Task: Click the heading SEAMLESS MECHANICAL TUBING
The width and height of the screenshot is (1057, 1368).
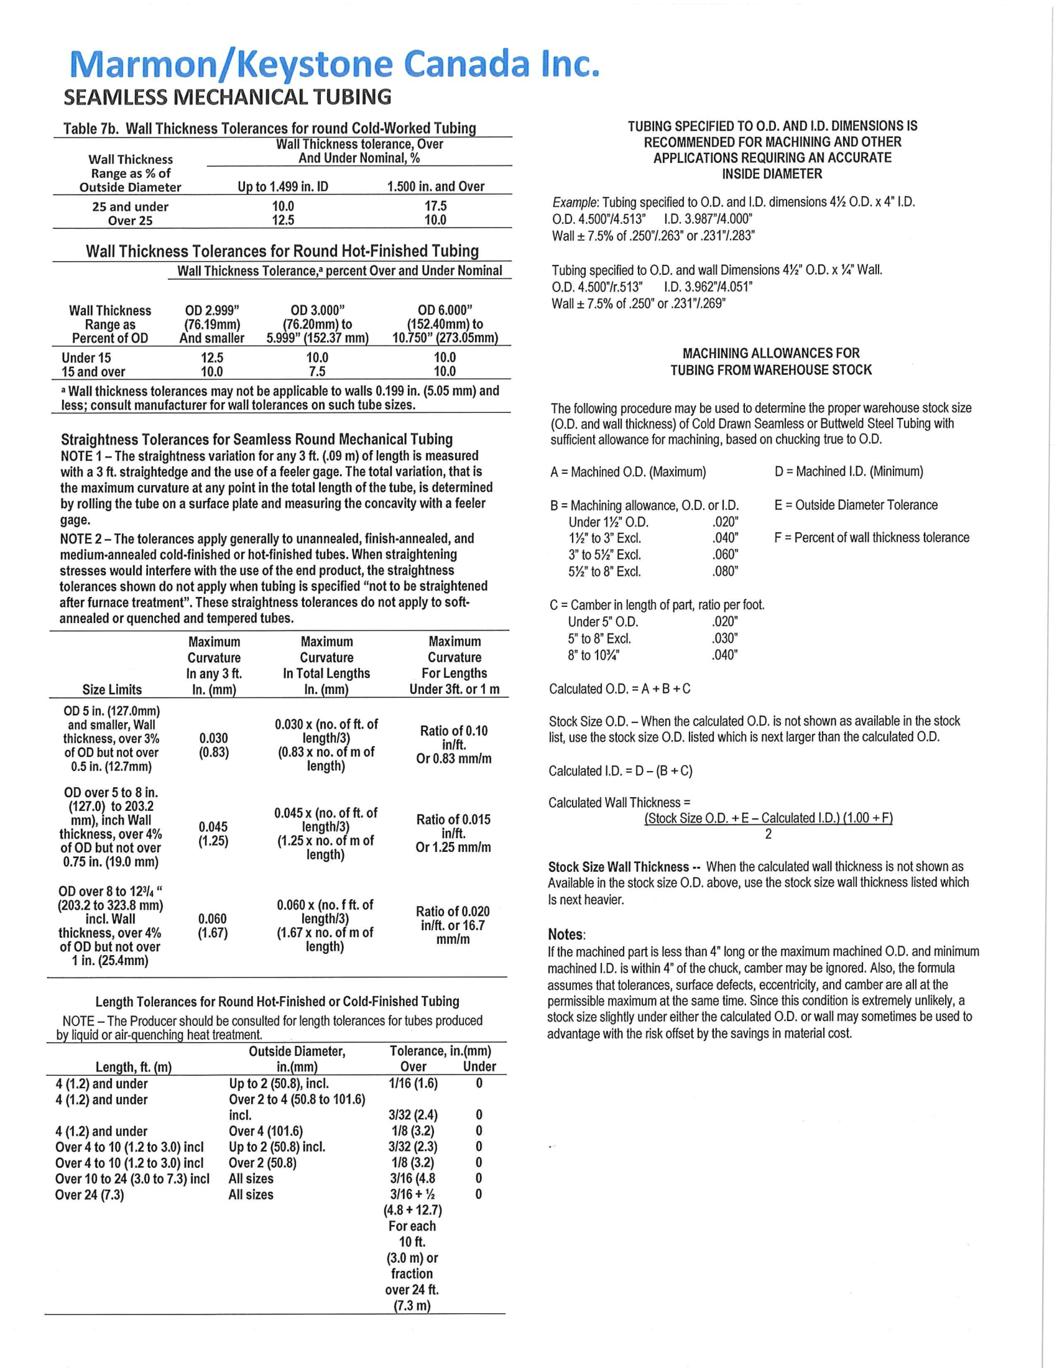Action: pos(228,98)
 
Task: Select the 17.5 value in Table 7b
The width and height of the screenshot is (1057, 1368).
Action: pos(435,206)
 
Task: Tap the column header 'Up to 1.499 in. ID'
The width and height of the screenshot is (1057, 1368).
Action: pos(282,186)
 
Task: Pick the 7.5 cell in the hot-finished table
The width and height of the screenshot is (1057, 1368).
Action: pos(317,371)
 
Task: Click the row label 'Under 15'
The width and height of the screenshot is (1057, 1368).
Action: pos(86,358)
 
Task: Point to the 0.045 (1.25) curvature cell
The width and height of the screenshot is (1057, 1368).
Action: pos(213,834)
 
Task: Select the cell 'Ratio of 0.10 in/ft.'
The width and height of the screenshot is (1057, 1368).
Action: pos(454,738)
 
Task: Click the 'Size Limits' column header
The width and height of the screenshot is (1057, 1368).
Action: pos(112,689)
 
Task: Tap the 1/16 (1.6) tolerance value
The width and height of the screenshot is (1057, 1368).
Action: pos(413,1083)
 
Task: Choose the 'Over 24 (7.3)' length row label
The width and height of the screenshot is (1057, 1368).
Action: pos(90,1195)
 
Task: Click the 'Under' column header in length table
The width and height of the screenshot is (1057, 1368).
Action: pos(479,1066)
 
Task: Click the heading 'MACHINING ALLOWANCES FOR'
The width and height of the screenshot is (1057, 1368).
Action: pos(771,353)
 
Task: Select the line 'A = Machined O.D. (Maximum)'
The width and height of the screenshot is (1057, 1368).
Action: pos(627,472)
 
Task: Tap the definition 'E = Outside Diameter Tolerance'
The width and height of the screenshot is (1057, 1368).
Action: pos(856,505)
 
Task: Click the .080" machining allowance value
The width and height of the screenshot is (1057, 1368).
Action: pos(725,571)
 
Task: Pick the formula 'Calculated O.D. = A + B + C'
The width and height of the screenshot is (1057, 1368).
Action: pos(619,688)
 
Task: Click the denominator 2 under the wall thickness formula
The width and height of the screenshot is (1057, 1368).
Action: pos(769,834)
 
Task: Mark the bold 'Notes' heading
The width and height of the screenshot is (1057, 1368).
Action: pos(566,935)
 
